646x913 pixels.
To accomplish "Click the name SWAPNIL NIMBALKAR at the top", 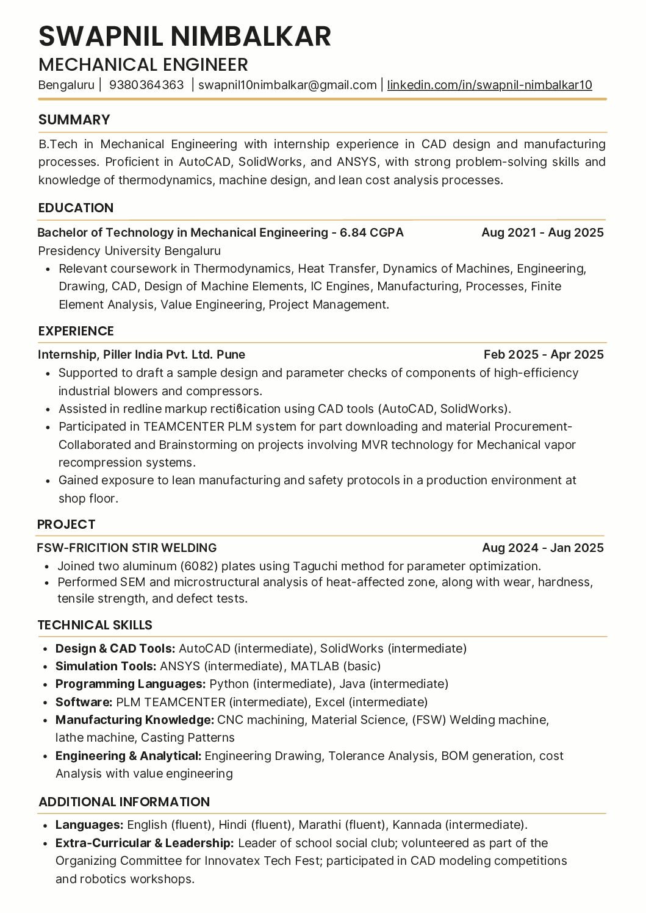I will point(185,37).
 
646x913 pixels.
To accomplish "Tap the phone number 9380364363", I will point(146,85).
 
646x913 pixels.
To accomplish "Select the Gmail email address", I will point(287,85).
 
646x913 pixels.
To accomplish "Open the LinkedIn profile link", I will point(489,85).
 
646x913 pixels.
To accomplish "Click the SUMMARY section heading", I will point(74,120).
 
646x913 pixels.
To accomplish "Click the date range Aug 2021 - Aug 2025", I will point(542,232).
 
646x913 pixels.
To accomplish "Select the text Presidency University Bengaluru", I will point(129,251).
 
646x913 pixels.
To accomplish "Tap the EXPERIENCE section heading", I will point(76,331).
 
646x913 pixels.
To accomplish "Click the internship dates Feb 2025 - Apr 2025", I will point(544,354).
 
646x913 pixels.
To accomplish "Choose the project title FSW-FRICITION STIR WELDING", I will point(127,548).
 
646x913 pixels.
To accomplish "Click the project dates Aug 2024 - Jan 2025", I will point(542,548).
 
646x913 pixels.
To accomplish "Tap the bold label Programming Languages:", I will point(131,684).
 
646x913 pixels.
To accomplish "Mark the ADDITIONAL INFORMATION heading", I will point(124,802).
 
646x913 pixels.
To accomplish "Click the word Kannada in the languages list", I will point(417,825).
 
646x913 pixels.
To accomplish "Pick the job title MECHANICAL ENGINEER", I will point(143,65).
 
